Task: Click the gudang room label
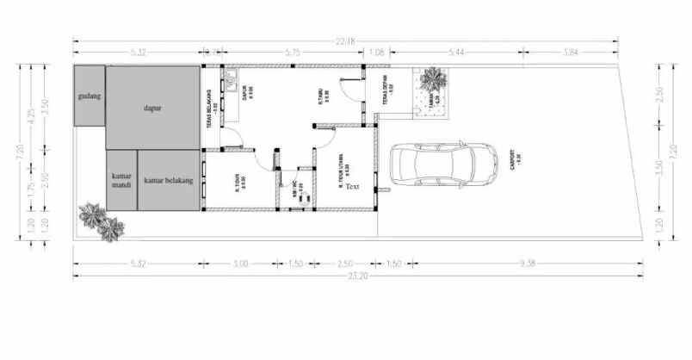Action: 90,96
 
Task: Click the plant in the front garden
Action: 433,82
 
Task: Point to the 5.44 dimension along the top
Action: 456,53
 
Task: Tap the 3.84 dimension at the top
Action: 571,53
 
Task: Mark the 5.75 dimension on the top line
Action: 293,53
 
